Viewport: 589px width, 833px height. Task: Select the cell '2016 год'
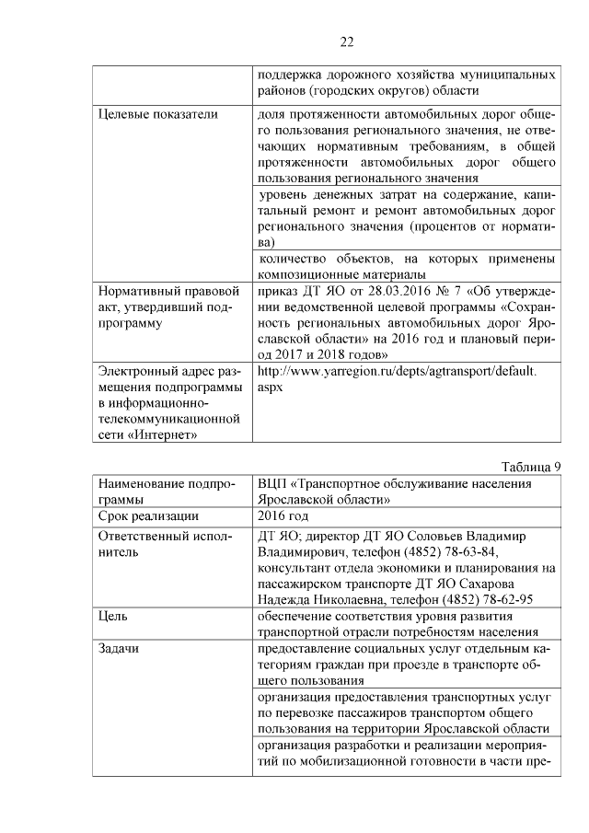point(285,515)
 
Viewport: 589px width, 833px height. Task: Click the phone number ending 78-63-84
point(453,552)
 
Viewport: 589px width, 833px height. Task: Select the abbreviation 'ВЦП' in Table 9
point(272,482)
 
